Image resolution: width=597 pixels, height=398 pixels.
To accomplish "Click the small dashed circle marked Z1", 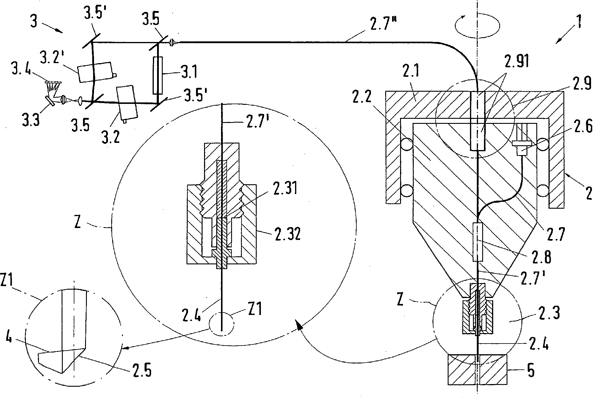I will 222,324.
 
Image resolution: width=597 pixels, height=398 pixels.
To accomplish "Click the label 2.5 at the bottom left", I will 139,370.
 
